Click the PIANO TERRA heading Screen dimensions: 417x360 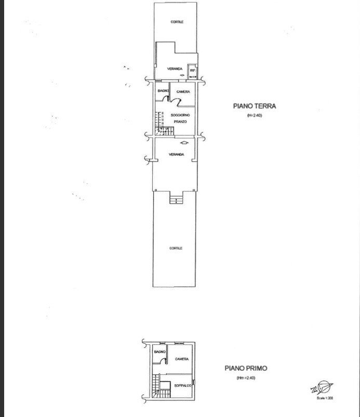point(255,106)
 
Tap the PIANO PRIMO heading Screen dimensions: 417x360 point(246,368)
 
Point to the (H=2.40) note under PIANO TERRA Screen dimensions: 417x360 point(255,115)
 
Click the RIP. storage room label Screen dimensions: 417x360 point(192,70)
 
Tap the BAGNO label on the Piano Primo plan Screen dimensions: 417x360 point(159,352)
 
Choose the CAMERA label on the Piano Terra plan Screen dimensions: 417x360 point(183,92)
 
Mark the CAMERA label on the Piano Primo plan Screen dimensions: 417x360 point(181,359)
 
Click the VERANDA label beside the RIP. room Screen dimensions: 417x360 point(175,69)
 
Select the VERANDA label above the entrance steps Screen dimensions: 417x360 point(177,154)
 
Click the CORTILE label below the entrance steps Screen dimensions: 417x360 point(176,248)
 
